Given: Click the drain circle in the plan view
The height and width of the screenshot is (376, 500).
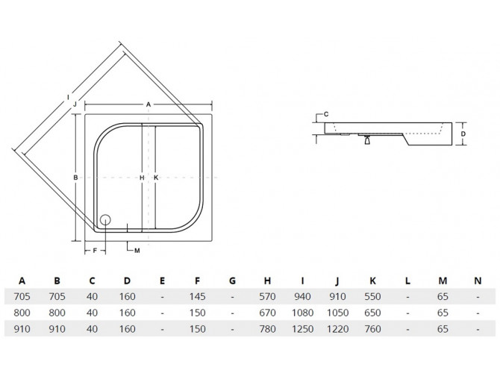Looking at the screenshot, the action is (105, 220).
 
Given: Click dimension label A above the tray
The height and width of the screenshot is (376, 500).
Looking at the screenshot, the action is (149, 104).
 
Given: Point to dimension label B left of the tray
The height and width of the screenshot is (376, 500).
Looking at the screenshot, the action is (75, 178).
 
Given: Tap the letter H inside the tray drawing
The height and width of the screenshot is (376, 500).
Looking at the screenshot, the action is (142, 178).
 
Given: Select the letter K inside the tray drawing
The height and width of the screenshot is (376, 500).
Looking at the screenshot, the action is (156, 178).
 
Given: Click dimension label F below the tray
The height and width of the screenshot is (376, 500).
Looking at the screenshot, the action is (95, 251).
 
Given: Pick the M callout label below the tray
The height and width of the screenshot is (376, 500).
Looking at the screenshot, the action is (137, 251).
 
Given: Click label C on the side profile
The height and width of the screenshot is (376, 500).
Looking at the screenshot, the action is (326, 114).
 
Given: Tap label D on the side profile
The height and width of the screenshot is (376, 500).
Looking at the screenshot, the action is (463, 134).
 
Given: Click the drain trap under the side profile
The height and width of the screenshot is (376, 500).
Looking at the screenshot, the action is (367, 140).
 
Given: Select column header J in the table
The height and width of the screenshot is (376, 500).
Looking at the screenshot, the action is (337, 281).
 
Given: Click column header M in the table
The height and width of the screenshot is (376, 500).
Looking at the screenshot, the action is (443, 281).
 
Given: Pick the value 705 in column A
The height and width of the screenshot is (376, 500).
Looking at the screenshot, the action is (22, 297).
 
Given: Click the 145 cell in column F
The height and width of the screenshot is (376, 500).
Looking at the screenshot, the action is (197, 297).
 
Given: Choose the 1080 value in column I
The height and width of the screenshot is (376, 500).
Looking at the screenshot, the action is (303, 313).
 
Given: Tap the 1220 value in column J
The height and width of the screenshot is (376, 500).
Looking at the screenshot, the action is (338, 329).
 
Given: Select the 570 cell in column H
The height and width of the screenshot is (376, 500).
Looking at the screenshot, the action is (268, 297).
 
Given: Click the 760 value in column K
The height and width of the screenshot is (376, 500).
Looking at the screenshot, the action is (373, 329).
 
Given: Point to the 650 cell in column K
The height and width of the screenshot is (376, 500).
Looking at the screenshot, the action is (373, 313).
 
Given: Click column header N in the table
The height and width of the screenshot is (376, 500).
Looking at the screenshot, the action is (478, 281).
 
